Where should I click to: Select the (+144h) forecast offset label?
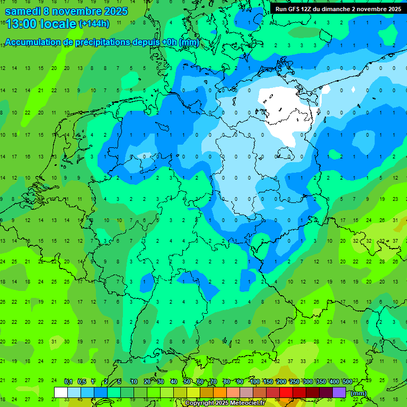click(94, 24)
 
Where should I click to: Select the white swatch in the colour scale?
click(61, 392)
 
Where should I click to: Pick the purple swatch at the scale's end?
click(339, 392)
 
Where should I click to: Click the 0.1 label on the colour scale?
click(68, 382)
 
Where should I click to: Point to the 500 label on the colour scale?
click(348, 382)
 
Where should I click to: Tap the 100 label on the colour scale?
click(255, 382)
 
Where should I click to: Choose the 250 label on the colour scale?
click(295, 382)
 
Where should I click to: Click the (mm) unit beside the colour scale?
click(359, 393)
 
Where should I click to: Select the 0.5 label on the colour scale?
click(82, 382)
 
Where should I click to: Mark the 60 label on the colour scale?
click(200, 382)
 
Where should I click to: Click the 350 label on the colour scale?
click(321, 382)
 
